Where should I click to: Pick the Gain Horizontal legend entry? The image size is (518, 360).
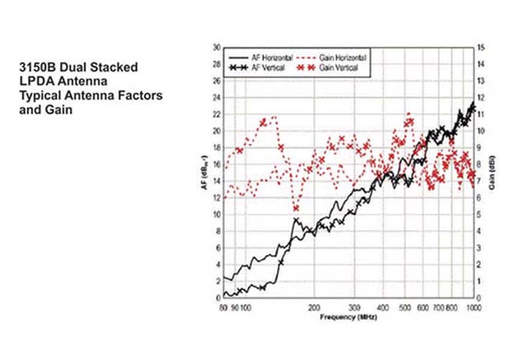pos(344,56)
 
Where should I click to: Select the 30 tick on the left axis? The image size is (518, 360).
pos(217,48)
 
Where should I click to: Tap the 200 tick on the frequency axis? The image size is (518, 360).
pos(314,306)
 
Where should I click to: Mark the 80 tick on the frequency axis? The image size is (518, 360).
pos(224,306)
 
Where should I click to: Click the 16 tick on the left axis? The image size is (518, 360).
pos(217,165)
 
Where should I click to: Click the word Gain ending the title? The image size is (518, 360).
pos(55,109)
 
